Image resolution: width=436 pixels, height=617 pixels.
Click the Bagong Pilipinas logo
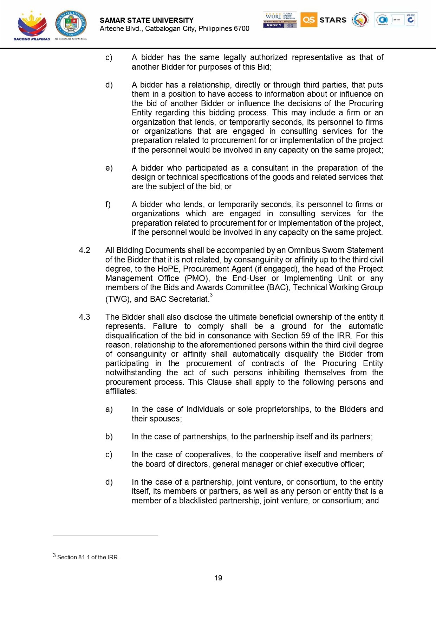pos(32,25)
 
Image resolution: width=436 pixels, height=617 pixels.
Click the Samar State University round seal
pos(71,24)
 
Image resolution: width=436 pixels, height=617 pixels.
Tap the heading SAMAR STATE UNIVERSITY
pos(147,20)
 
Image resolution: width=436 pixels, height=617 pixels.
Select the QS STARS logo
pos(323,20)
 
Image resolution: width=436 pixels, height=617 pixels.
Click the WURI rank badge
pos(280,20)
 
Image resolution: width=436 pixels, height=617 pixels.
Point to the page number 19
pos(218,578)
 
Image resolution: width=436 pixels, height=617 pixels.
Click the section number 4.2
pos(84,250)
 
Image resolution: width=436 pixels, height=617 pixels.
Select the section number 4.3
pos(84,317)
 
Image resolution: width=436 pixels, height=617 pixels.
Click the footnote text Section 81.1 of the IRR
pos(88,557)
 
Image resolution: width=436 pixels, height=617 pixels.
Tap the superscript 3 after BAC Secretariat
pos(211,295)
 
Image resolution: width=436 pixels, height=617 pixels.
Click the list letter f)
pos(108,205)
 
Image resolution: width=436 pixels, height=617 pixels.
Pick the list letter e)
pos(109,168)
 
